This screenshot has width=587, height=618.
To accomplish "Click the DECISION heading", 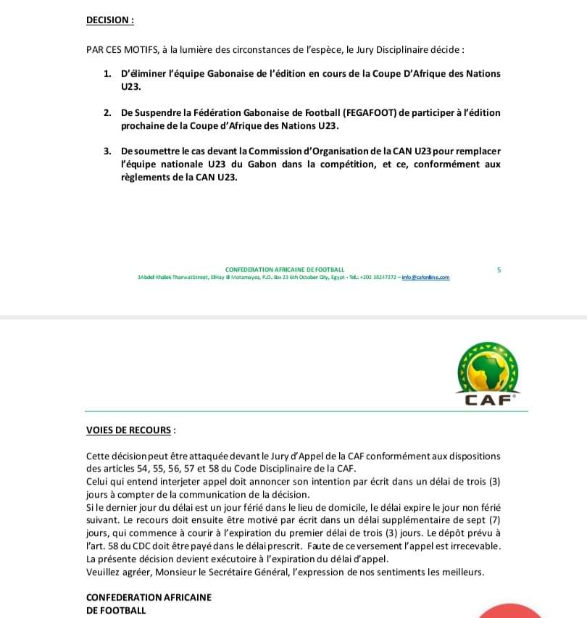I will tap(109, 20).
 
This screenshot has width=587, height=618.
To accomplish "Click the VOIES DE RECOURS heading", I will tap(129, 430).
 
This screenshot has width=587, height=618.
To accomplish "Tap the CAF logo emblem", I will tap(488, 374).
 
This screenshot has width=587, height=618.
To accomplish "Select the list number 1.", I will tap(107, 74).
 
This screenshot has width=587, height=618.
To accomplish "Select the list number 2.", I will tap(107, 113).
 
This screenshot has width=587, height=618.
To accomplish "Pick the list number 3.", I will tap(107, 151).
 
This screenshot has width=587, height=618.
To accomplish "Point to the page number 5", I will tap(499, 270).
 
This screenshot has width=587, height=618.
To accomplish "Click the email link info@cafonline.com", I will tap(425, 277).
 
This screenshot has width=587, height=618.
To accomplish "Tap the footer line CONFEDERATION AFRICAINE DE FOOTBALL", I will tap(285, 270).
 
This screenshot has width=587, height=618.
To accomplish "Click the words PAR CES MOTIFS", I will tap(118, 51).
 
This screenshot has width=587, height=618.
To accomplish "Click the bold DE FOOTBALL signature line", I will tap(116, 611).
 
